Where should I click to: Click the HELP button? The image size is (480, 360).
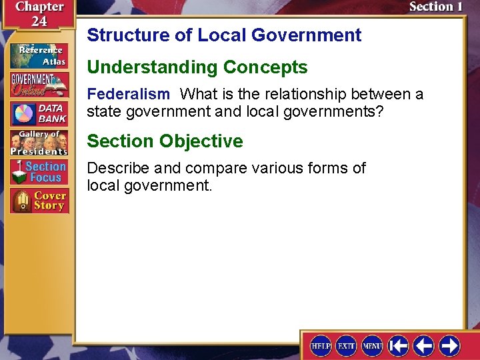[x=321, y=345]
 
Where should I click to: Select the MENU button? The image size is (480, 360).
[x=372, y=345]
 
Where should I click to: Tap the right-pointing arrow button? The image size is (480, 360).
[x=450, y=345]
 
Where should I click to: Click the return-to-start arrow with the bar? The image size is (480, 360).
[x=399, y=345]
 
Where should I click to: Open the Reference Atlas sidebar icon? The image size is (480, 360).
[x=39, y=56]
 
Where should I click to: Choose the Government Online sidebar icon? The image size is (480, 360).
[x=39, y=84]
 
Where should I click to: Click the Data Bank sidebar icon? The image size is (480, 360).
[x=39, y=114]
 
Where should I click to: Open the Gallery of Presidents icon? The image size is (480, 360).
[x=39, y=143]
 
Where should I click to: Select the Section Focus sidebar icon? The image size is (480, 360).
[x=39, y=172]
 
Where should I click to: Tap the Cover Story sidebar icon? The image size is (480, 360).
[x=39, y=201]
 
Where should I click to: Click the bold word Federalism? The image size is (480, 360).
[x=128, y=94]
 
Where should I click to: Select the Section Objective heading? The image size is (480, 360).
[x=165, y=141]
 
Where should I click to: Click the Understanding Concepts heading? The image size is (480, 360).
[x=197, y=67]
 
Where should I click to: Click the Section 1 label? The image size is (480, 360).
[x=435, y=7]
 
